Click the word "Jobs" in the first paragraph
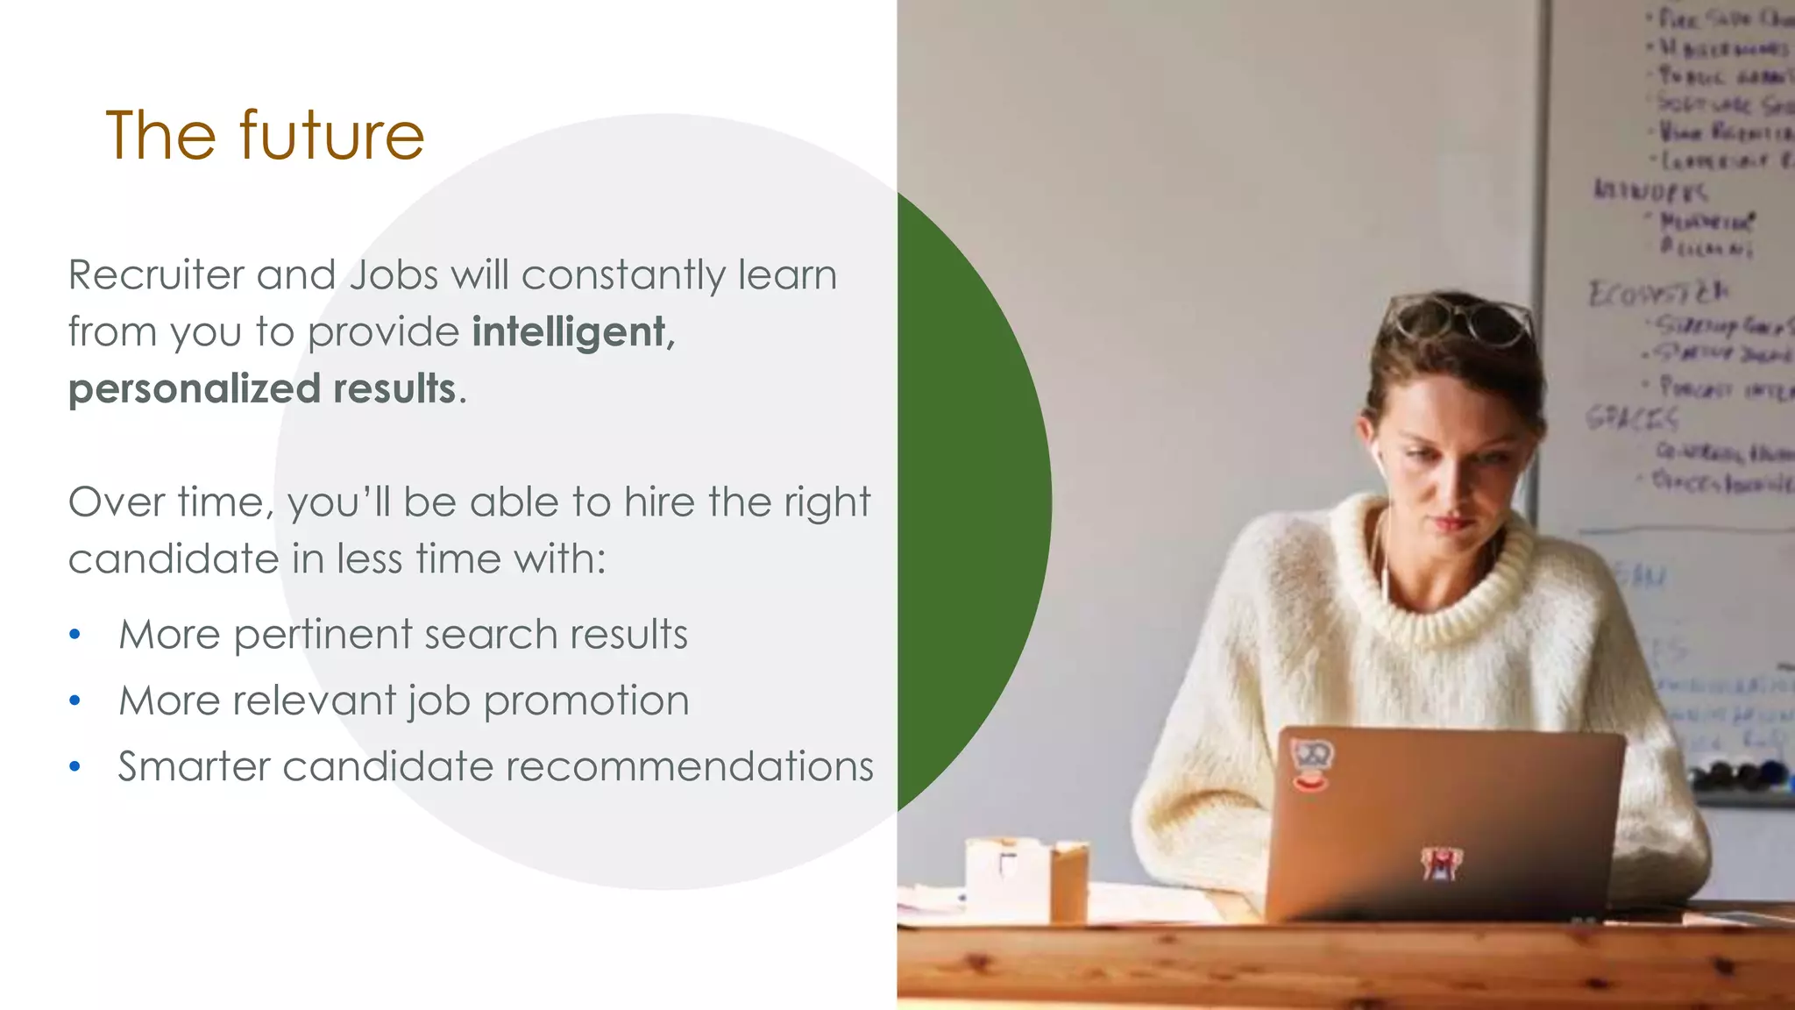coord(394,275)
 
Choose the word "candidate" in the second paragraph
coord(173,559)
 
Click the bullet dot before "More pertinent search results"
coord(75,634)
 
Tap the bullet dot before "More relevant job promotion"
coord(75,701)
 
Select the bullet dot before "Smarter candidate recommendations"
coord(75,767)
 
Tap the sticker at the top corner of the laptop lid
coord(1311,763)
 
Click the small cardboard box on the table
coord(1025,878)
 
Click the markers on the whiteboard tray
coord(1740,775)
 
